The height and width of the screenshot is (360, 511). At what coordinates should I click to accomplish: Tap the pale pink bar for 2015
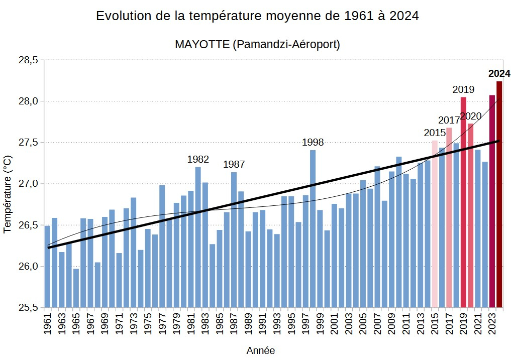pos(435,223)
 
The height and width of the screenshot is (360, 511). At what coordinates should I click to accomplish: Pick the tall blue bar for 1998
pos(313,228)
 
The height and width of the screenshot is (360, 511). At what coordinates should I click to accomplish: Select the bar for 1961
pos(47,266)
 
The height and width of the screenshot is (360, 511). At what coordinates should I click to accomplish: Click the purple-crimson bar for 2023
pos(492,201)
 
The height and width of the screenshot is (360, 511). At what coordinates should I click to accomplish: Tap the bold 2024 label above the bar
pos(499,74)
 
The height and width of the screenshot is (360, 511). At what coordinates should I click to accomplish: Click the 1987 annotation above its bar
pos(234,164)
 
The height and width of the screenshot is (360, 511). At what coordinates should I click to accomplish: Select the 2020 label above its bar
pos(471,116)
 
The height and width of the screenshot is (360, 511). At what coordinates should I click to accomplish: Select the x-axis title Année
pos(260,350)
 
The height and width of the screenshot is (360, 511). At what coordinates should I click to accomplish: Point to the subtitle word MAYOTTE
pos(202,44)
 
